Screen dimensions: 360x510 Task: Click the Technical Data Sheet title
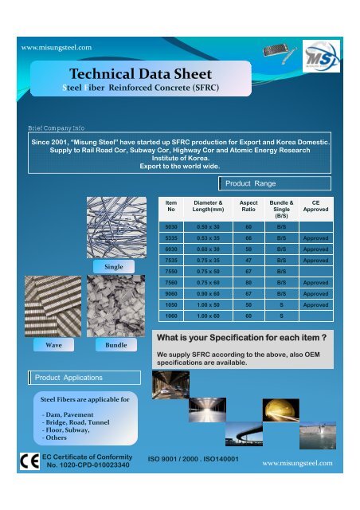click(x=124, y=75)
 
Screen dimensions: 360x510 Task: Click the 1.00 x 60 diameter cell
click(x=207, y=316)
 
